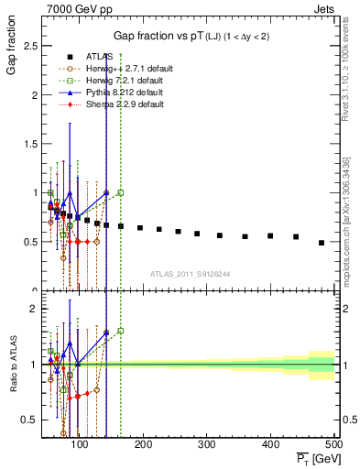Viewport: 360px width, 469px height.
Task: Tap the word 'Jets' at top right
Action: (x=323, y=8)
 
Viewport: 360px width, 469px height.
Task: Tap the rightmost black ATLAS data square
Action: (x=322, y=243)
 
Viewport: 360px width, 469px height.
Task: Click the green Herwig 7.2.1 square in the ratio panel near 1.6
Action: (x=121, y=331)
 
